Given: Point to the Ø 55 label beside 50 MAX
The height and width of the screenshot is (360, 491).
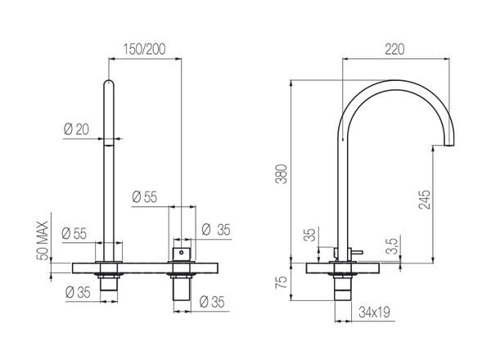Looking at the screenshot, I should coord(74,232).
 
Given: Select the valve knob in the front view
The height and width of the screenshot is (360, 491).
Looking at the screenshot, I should coord(180,250).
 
